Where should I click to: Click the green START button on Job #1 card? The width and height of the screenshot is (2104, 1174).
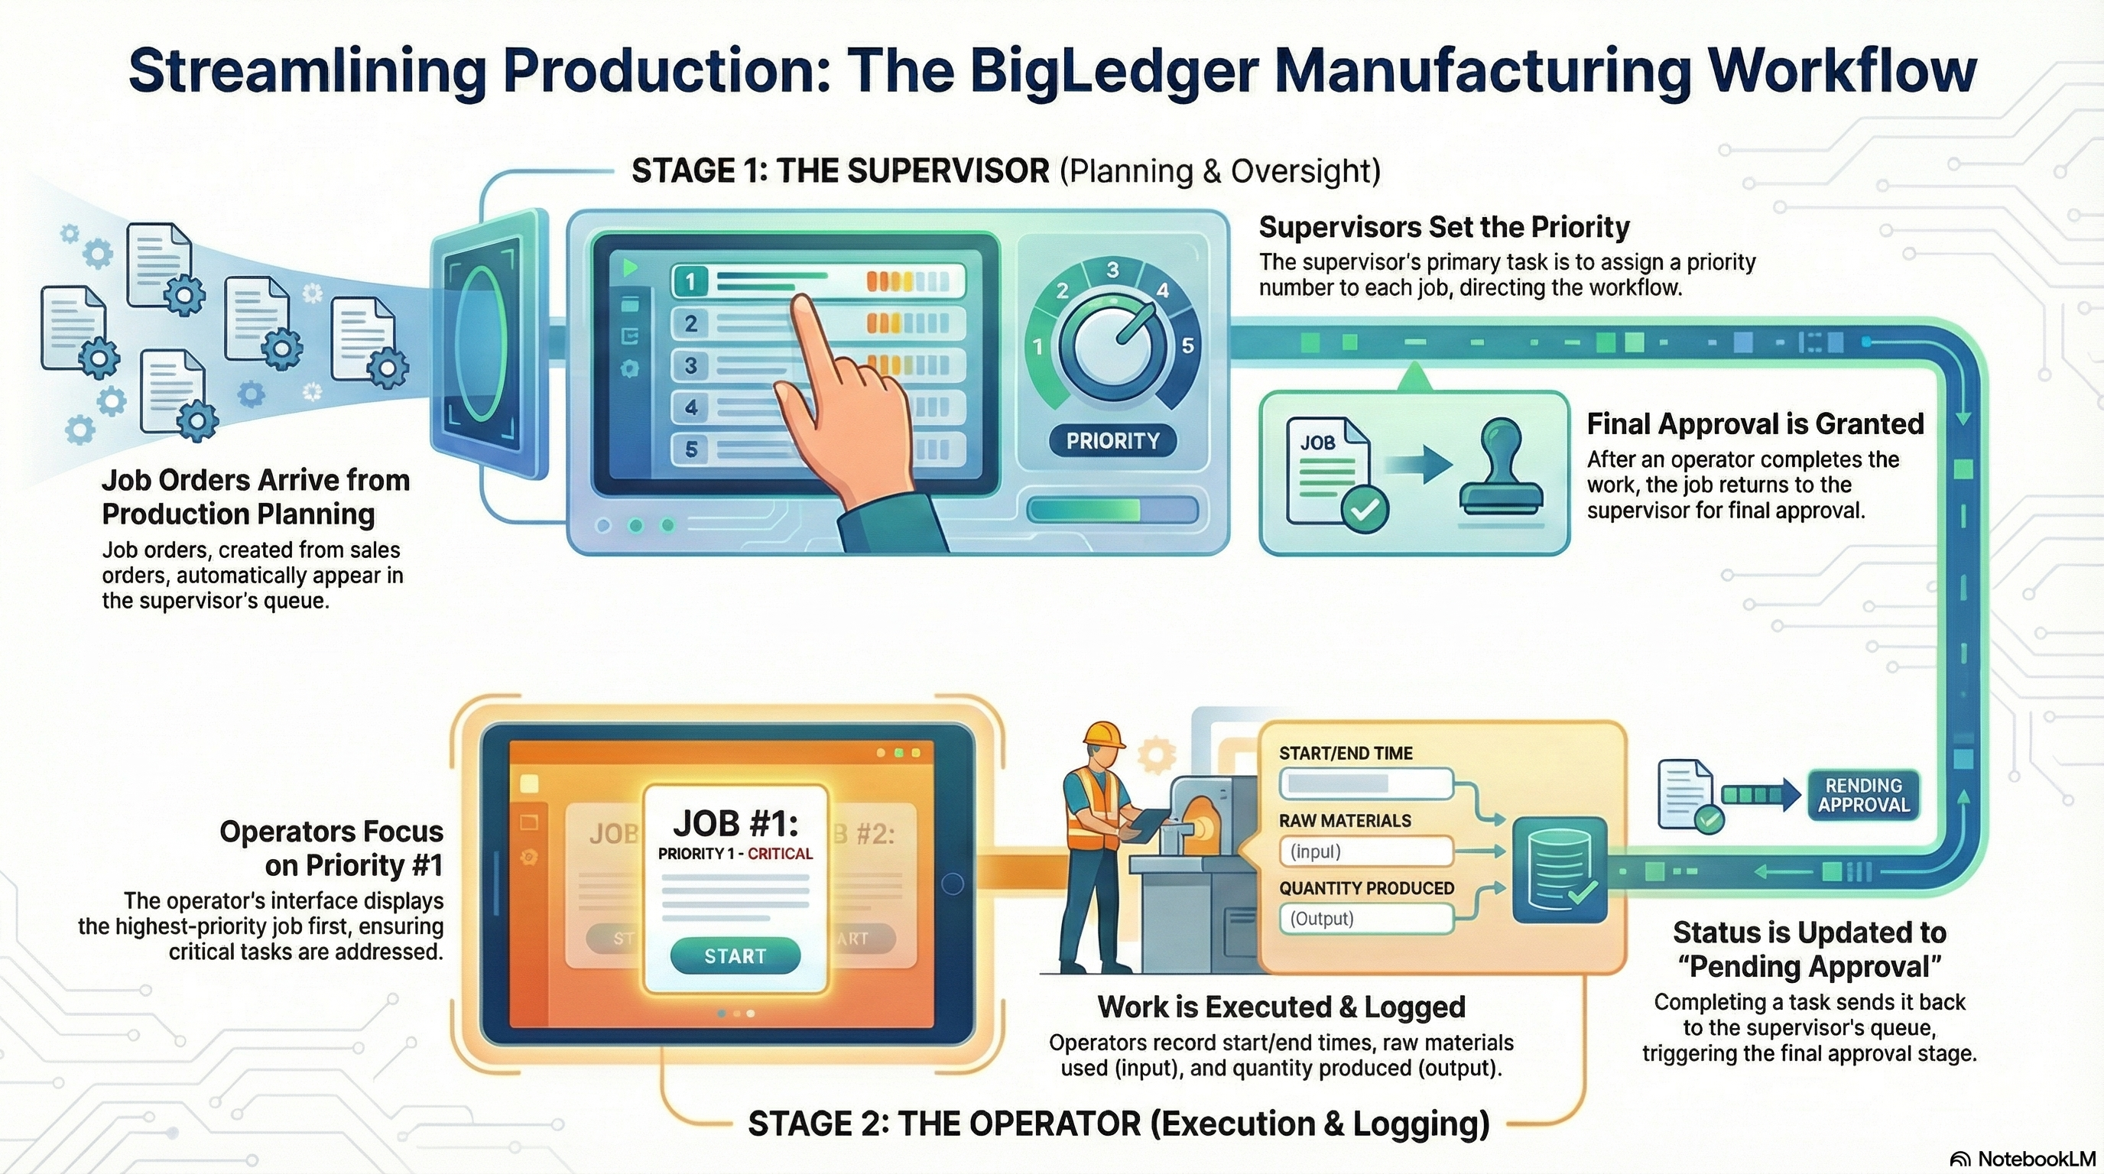[734, 956]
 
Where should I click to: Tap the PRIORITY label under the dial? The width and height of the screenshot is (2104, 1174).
[1112, 441]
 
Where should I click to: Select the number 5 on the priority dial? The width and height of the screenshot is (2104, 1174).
[1187, 345]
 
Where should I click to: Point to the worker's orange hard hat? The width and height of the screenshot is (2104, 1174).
[1102, 734]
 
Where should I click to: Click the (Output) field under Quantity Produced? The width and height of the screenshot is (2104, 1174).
[1365, 919]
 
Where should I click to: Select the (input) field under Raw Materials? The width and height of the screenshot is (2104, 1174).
[1365, 851]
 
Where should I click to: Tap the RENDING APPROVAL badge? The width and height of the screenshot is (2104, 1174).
[1863, 795]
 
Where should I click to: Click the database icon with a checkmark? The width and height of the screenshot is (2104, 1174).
[1560, 871]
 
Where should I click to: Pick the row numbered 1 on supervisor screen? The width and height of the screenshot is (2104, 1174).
[817, 282]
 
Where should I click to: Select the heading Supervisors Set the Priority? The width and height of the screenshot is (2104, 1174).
[1443, 227]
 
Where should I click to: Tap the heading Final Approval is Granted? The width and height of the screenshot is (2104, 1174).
[1755, 424]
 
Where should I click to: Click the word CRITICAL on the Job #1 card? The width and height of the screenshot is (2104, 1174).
[780, 854]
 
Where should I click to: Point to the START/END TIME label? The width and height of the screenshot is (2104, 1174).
[1346, 754]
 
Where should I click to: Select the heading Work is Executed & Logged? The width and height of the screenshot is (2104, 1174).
[1281, 1007]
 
